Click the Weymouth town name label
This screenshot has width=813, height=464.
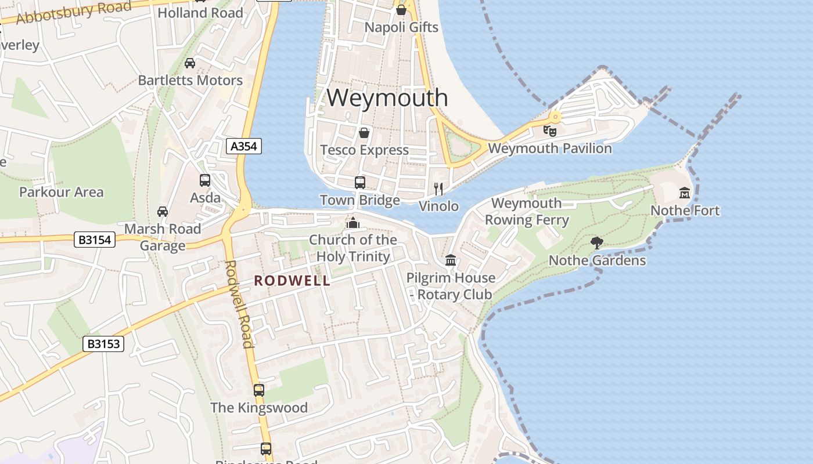(387, 97)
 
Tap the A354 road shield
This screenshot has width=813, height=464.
(244, 146)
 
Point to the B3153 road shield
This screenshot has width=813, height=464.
(103, 344)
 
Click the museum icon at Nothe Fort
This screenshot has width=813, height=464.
(685, 193)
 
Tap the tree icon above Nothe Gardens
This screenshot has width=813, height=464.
(596, 242)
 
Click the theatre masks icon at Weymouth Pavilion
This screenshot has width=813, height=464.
(549, 130)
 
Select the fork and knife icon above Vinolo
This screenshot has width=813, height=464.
(439, 188)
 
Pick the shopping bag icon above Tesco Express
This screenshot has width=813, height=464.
(364, 133)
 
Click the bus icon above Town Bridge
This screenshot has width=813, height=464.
(360, 183)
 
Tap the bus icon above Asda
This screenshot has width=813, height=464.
(205, 180)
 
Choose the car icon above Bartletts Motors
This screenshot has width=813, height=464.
(190, 63)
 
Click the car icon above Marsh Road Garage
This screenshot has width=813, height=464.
(163, 211)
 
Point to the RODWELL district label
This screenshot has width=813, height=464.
(292, 281)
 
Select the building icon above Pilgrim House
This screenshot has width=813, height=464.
(451, 260)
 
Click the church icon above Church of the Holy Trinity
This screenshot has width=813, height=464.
(352, 223)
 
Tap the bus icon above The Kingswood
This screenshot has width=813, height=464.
(259, 390)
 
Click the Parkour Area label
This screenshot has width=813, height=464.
(61, 192)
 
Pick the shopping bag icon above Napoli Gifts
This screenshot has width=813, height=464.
(401, 10)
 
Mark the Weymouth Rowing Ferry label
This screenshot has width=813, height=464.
(527, 212)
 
